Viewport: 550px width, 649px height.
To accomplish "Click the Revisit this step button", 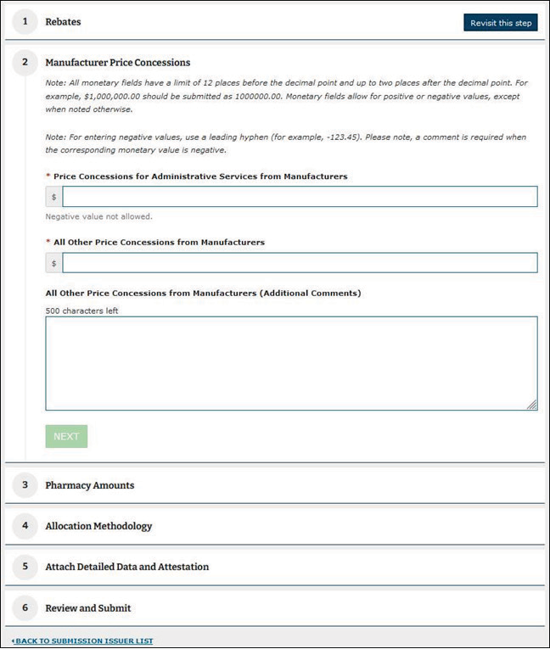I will pyautogui.click(x=501, y=23).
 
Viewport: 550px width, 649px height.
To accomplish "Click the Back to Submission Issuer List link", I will pyautogui.click(x=84, y=641).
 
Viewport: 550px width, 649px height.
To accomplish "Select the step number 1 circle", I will pyautogui.click(x=25, y=22).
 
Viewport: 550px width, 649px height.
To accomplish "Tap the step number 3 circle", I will pyautogui.click(x=25, y=485).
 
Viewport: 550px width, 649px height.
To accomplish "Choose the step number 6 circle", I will pyautogui.click(x=25, y=607).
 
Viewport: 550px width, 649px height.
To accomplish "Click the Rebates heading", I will pyautogui.click(x=63, y=22).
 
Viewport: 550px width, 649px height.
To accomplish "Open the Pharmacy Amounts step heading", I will pyautogui.click(x=89, y=485).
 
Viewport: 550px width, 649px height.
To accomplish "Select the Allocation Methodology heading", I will pyautogui.click(x=98, y=526).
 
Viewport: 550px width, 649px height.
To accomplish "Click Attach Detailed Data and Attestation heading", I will pyautogui.click(x=126, y=567).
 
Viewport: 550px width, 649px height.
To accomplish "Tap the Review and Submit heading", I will pyautogui.click(x=87, y=607).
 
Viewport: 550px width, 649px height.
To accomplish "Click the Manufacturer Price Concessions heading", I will pyautogui.click(x=117, y=62).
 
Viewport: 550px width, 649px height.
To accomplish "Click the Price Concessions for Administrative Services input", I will pyautogui.click(x=299, y=197).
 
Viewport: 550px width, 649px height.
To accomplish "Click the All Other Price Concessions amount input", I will pyautogui.click(x=299, y=263).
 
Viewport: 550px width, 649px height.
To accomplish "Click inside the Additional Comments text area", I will pyautogui.click(x=291, y=363).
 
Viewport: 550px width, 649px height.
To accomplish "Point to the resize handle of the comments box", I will pyautogui.click(x=532, y=406).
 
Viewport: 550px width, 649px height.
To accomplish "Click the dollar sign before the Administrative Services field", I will pyautogui.click(x=54, y=197).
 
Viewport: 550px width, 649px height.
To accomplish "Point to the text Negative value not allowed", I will pyautogui.click(x=98, y=216).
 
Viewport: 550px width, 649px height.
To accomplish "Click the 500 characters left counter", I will pyautogui.click(x=81, y=311).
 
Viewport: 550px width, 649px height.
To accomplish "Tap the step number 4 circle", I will pyautogui.click(x=25, y=526).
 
